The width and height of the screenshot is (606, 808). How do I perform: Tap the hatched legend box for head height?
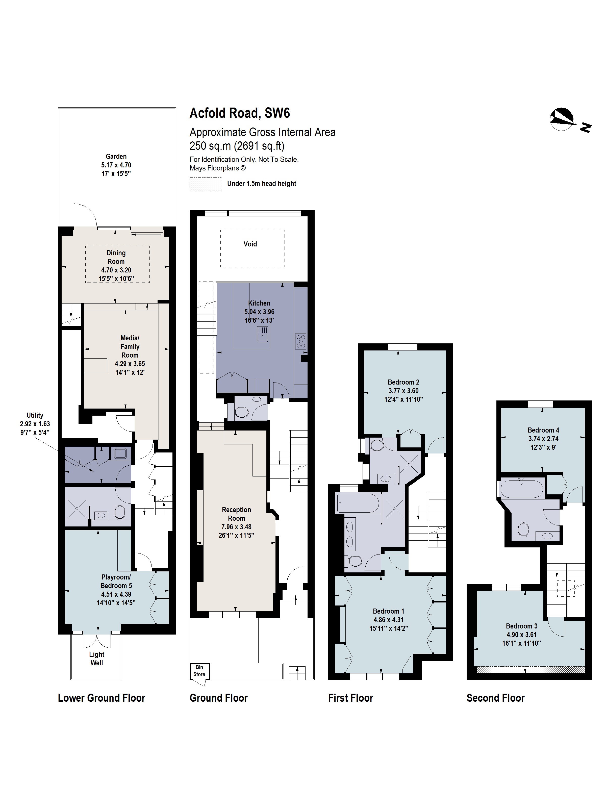tap(205, 184)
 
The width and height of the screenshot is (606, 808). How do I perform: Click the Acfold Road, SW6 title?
tap(240, 113)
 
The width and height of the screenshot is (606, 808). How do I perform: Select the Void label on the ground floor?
tap(250, 244)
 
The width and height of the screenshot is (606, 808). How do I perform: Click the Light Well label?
tap(96, 659)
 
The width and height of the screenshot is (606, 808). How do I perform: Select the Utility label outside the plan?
tap(35, 415)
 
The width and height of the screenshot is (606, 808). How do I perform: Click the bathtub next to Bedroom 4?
tap(522, 489)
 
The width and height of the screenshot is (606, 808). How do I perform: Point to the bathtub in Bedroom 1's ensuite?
tap(358, 503)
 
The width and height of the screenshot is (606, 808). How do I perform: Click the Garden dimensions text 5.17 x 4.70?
tap(116, 165)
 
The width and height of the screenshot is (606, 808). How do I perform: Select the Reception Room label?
tap(236, 514)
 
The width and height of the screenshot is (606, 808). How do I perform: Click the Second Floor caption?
tap(495, 698)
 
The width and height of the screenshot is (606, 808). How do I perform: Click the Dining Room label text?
tap(116, 257)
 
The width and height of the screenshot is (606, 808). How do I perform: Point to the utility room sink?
tap(120, 453)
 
